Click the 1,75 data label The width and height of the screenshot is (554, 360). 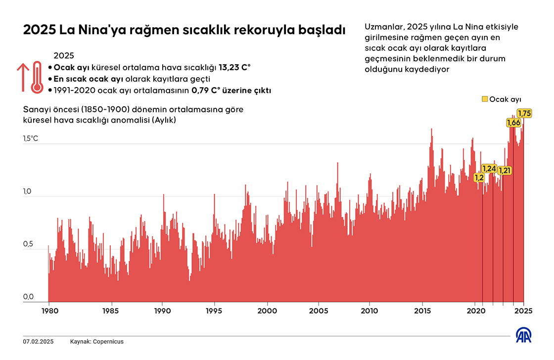pos(524,114)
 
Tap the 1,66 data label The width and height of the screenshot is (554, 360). pos(513,123)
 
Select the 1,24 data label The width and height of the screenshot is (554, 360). pos(489,169)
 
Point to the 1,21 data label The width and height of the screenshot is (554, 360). pos(505,171)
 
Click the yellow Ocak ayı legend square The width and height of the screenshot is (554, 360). pos(485,99)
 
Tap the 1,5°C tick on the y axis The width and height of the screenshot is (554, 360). pos(30,139)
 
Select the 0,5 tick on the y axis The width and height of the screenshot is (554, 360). pos(28,244)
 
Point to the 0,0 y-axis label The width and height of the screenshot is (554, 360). pos(28,297)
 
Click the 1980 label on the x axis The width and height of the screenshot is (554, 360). pos(49,311)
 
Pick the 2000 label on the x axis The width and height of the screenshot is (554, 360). pos(267,311)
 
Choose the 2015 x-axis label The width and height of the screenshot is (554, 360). pos(422,311)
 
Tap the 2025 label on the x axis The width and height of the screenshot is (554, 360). pos(523,311)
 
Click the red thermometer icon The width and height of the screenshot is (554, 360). pos(37,77)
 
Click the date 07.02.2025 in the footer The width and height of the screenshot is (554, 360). pos(38,342)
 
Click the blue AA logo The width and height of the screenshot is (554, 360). pos(525,335)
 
